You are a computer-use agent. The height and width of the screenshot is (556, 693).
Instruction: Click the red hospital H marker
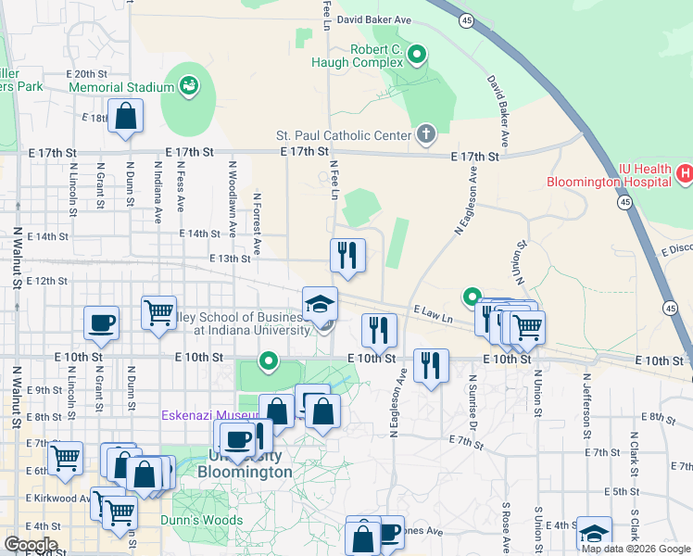point(685,173)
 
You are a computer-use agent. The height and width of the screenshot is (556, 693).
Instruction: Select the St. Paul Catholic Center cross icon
point(425,135)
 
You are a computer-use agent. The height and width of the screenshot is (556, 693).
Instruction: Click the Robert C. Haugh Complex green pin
point(417,56)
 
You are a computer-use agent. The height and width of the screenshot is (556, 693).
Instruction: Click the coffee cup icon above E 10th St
point(102,323)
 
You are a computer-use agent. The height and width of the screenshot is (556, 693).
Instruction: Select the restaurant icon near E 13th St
point(347,255)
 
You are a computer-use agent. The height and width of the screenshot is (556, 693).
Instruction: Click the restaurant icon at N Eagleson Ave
point(379,329)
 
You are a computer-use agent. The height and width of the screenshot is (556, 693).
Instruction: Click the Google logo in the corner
point(31,544)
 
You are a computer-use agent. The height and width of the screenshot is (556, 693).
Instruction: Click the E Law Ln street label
point(434,315)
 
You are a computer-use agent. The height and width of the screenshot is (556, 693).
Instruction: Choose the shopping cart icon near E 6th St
point(65,459)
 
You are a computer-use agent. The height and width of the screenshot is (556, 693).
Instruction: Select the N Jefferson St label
point(586,406)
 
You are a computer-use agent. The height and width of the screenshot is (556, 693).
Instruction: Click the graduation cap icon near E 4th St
point(593,534)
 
